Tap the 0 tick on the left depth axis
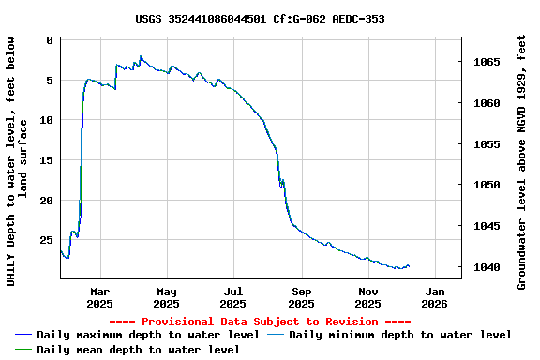(50, 40)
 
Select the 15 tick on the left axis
(46, 160)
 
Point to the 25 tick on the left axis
(46, 240)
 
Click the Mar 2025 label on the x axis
(99, 297)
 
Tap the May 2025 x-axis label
(166, 297)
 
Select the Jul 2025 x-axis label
(233, 297)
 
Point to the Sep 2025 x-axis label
(301, 297)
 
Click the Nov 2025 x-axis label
(367, 297)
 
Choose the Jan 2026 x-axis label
(435, 297)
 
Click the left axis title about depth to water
(17, 161)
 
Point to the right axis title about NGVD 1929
(522, 161)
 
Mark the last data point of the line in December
(409, 267)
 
